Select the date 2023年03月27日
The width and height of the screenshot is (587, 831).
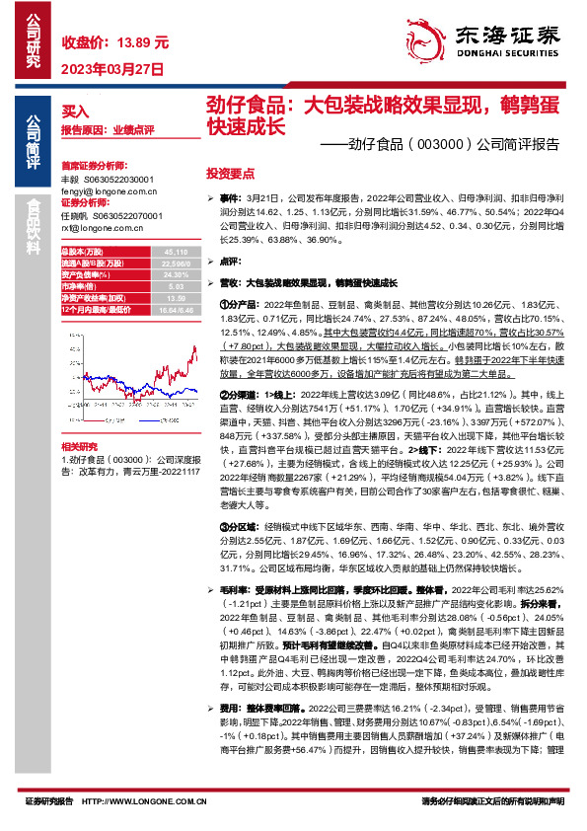tap(111, 68)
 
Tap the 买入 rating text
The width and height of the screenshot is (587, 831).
tap(75, 112)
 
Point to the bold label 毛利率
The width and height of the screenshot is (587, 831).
tap(233, 588)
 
